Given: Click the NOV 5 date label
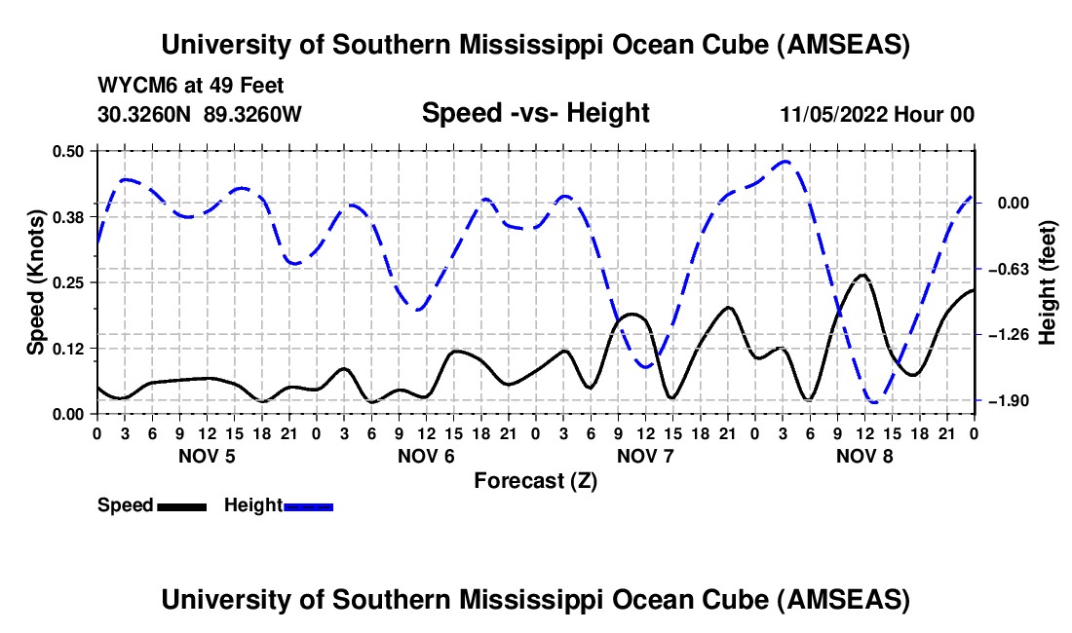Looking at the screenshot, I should (206, 456).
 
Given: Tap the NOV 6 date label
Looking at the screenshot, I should (426, 456).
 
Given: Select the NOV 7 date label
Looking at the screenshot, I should (645, 456).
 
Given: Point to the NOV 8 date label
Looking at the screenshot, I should (864, 456).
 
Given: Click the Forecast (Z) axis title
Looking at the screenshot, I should (535, 480).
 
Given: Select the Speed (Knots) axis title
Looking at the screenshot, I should (35, 282).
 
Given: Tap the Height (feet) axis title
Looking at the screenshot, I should (1049, 282).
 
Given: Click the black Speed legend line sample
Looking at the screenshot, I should (181, 506).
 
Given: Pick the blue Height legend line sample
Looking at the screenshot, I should (308, 506).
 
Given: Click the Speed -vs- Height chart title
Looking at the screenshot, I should (535, 113).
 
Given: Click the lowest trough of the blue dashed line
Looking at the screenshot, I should (873, 401).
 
